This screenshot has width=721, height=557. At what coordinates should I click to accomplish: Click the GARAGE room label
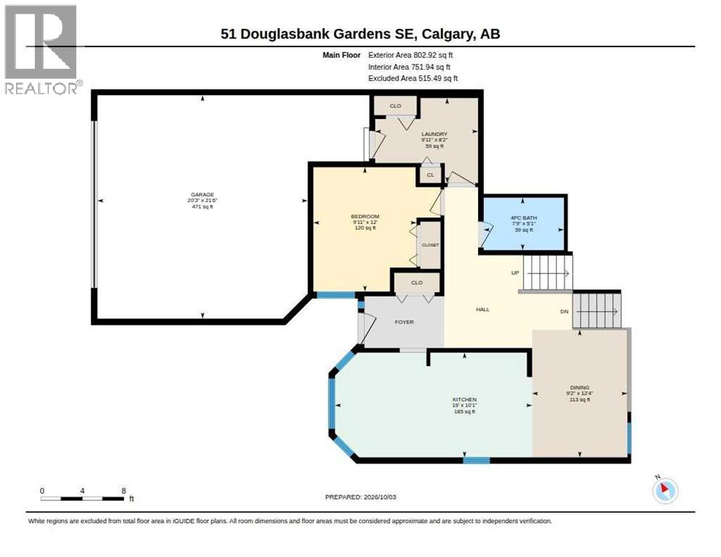pos(202,194)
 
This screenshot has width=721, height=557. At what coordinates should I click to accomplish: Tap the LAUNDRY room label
pos(434,134)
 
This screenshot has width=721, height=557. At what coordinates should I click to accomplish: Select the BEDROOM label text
pos(365,217)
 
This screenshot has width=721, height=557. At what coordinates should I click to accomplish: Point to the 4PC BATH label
pos(524,218)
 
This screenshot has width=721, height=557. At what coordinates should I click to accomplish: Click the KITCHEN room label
pos(464,400)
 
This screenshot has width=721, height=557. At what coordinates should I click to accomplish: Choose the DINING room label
pos(580,388)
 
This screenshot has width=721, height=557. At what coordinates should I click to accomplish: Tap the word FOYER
pos(404,322)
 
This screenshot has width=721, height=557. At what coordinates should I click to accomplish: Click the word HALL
pos(483,310)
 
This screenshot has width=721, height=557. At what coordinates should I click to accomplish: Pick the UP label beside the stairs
pos(515,273)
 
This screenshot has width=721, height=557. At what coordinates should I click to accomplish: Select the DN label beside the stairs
pos(564,311)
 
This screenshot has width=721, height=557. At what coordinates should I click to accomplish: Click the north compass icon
pos(665,490)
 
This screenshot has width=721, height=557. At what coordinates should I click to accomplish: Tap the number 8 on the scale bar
pos(124,491)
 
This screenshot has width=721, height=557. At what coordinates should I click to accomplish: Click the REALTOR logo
pos(42,49)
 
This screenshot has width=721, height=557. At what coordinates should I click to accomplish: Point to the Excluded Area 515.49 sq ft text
pos(413,78)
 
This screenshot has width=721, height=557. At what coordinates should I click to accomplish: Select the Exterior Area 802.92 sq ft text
pos(410,54)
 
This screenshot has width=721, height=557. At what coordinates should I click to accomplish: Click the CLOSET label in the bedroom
pos(430,245)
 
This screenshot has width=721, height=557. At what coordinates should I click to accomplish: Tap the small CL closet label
pos(430,175)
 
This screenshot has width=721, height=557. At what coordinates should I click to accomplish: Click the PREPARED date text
pos(360,498)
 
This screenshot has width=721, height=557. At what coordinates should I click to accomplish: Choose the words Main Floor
pos(341,54)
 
